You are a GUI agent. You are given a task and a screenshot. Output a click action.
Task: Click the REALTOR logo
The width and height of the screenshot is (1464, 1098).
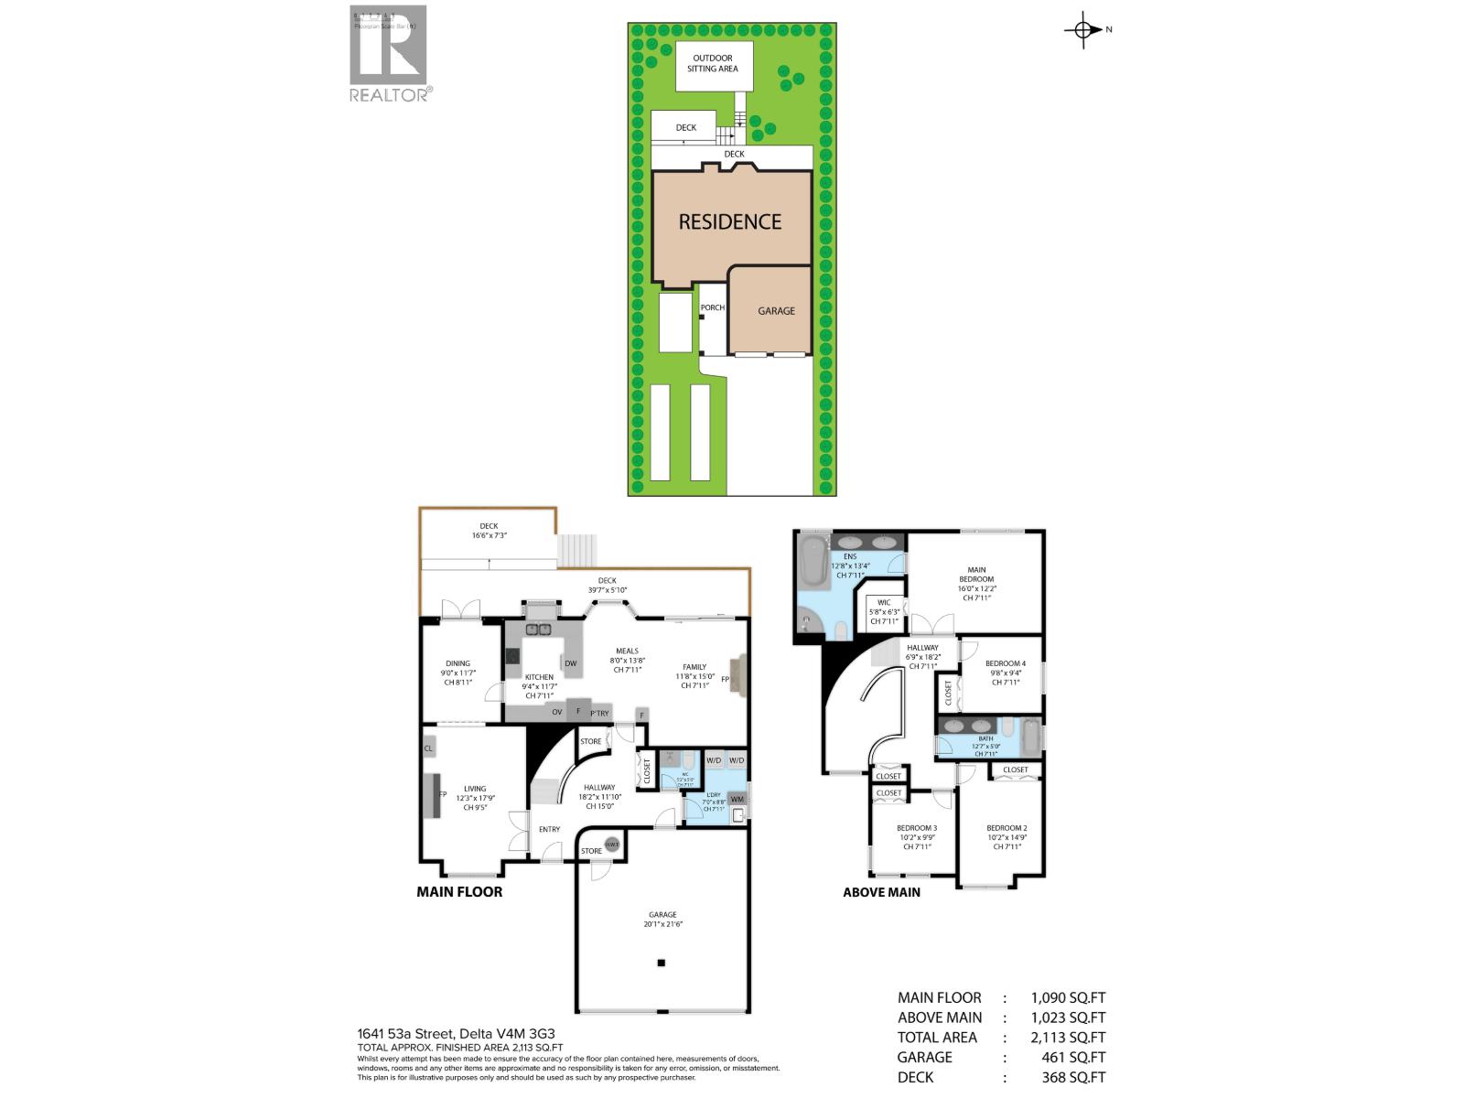[388, 53]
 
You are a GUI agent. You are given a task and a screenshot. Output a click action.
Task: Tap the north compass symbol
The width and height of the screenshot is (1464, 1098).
[1084, 30]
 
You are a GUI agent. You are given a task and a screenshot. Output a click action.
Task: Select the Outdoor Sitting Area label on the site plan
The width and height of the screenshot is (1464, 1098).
[713, 64]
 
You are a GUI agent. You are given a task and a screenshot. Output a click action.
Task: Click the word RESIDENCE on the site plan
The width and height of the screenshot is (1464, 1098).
[729, 221]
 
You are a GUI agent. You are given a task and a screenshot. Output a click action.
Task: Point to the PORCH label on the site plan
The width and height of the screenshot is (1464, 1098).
[712, 307]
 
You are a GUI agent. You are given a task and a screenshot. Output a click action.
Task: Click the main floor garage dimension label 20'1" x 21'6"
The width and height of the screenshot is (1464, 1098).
[662, 920]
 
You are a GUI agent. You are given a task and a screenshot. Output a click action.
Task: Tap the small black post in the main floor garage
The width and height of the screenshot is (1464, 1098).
[661, 963]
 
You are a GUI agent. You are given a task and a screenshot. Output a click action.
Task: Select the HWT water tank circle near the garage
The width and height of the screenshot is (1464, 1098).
[611, 844]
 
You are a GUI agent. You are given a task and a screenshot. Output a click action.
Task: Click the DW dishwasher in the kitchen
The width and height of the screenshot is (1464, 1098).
[570, 663]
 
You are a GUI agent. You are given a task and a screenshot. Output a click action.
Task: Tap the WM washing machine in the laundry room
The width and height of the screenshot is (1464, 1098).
[737, 799]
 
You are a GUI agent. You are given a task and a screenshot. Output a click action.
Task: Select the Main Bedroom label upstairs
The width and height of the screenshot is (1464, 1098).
[976, 583]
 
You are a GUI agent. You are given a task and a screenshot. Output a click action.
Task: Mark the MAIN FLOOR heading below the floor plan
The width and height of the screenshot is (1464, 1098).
[459, 891]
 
